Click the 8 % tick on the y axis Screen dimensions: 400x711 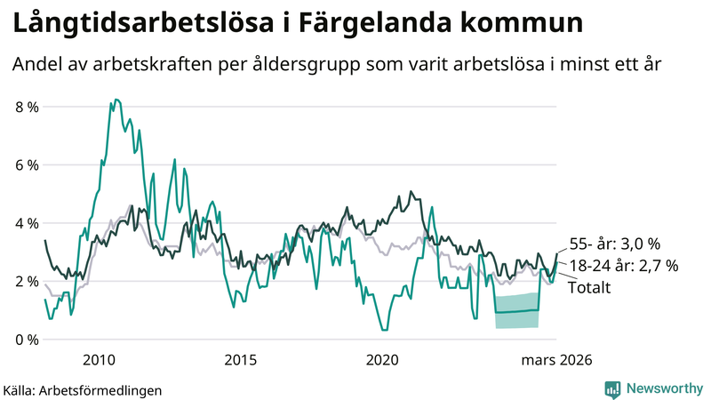pos(26,107)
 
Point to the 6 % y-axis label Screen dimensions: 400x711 pos(26,165)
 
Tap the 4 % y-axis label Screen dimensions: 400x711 pos(26,223)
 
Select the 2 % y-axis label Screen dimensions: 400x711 pos(26,282)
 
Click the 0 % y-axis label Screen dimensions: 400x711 pos(26,340)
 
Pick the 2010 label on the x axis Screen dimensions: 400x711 pos(99,360)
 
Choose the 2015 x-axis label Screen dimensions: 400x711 pos(240,360)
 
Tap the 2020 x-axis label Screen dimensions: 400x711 pos(382,360)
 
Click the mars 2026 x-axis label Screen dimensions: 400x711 pos(556,360)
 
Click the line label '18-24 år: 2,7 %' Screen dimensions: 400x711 pos(623,265)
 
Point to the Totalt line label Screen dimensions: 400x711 pos(589,286)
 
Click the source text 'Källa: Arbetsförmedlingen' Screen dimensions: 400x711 pos(84,389)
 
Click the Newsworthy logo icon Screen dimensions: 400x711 pos(612,388)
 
